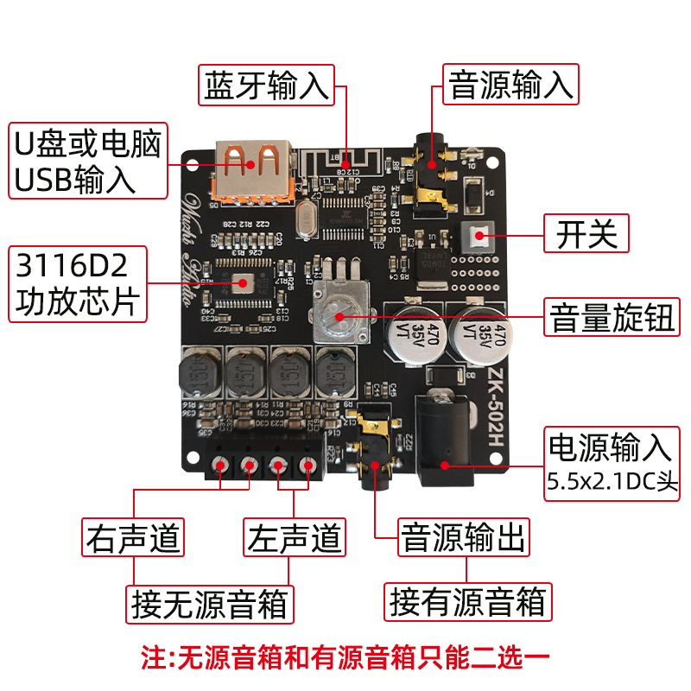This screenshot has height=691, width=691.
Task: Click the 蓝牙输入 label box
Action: click(x=267, y=85)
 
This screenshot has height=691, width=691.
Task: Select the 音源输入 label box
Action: click(x=510, y=85)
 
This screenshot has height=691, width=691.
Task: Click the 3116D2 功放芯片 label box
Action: click(x=77, y=285)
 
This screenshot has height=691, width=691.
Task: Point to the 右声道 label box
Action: click(x=134, y=537)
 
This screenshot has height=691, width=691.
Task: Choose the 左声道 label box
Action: click(x=295, y=537)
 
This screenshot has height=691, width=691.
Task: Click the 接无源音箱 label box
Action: click(x=211, y=603)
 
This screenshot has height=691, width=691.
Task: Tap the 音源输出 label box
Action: click(x=464, y=537)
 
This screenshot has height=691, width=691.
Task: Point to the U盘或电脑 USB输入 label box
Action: click(x=87, y=161)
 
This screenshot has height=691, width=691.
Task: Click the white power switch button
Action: click(x=479, y=234)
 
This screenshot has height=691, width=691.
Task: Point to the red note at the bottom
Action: click(x=345, y=658)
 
